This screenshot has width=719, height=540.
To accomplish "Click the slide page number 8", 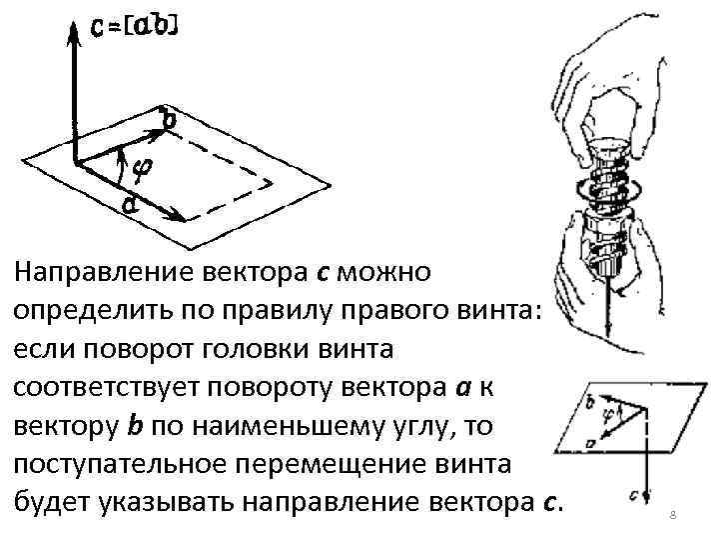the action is coord(672,513).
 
